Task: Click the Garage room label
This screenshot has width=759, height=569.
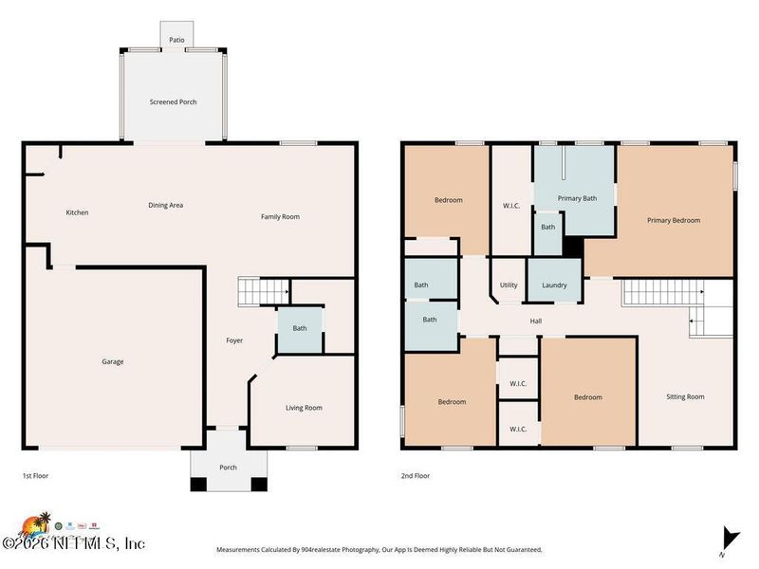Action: [113, 361]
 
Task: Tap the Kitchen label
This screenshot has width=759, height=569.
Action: [77, 212]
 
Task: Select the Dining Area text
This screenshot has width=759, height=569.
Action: [165, 205]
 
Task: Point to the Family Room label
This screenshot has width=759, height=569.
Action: [280, 217]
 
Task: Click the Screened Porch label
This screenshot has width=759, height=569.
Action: [173, 102]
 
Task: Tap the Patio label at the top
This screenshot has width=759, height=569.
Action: [176, 41]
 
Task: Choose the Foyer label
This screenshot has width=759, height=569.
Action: [234, 340]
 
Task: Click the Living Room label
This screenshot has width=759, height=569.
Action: [304, 408]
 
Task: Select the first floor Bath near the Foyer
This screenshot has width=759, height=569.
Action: [300, 329]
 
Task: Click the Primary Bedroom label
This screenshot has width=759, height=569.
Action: [674, 220]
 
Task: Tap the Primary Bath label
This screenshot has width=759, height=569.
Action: [577, 198]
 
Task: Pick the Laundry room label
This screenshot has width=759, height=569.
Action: [554, 285]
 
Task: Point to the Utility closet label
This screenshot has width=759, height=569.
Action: [509, 284]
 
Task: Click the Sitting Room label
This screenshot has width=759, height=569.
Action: [686, 396]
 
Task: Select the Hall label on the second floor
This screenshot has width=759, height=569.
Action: [536, 321]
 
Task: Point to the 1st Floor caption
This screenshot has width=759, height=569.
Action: [36, 476]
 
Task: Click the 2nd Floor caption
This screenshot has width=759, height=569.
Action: [415, 476]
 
